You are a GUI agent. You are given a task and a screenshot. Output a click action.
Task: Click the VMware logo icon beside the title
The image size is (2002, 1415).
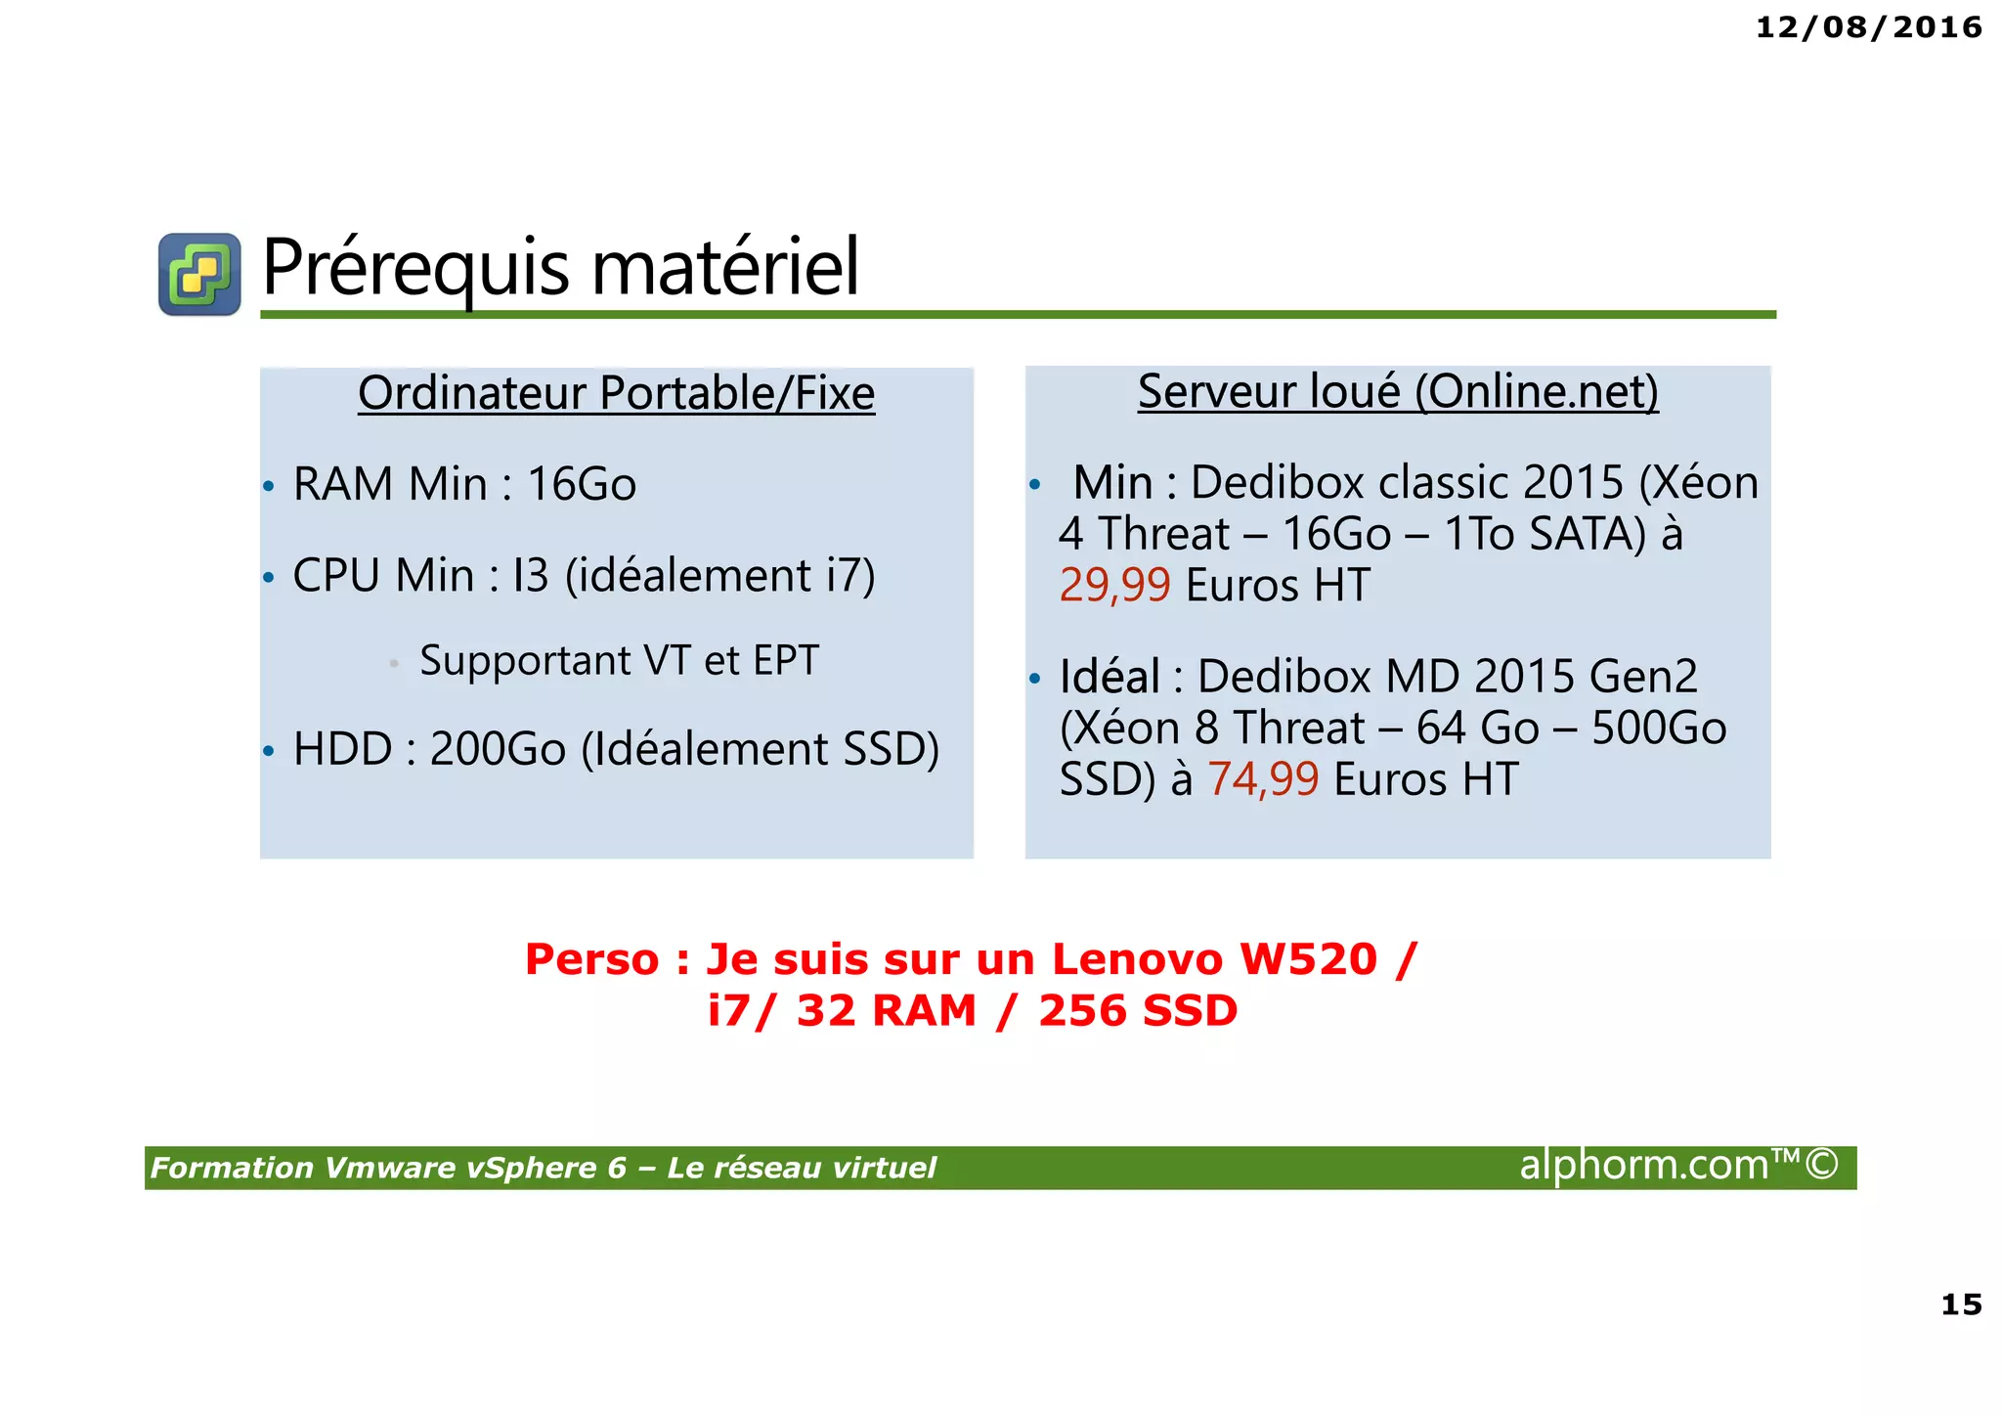[x=199, y=274]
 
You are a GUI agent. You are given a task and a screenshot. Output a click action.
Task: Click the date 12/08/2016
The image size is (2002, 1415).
[x=1868, y=27]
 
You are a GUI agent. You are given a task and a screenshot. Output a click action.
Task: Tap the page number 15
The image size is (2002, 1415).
[x=1960, y=1304]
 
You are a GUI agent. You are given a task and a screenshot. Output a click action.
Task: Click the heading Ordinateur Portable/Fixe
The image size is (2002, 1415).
[x=616, y=393]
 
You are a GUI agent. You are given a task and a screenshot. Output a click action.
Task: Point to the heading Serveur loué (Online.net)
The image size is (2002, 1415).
[x=1398, y=391]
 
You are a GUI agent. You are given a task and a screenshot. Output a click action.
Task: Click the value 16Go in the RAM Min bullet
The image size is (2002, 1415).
[x=582, y=484]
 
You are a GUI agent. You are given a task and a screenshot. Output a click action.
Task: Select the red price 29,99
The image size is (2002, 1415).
[x=1114, y=585]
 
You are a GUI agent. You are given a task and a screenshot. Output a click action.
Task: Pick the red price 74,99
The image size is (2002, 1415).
[x=1263, y=779]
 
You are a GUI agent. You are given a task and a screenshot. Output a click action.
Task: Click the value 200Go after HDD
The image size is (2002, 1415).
[x=498, y=749]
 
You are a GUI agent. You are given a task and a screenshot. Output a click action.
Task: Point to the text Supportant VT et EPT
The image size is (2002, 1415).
[x=619, y=661]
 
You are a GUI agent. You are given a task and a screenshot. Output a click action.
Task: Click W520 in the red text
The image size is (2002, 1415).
[x=1308, y=959]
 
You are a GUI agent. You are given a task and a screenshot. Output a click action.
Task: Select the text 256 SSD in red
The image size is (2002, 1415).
[x=1138, y=1010]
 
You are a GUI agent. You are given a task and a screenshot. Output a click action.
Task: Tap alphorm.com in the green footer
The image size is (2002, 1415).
[x=1644, y=1165]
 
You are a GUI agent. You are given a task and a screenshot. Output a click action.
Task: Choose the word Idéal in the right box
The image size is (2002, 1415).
[x=1110, y=676]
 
